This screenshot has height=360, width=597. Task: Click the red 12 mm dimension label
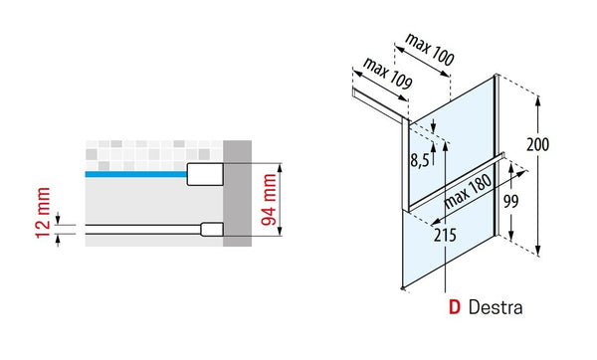coord(43,213)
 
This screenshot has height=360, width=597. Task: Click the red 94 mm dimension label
coord(270,200)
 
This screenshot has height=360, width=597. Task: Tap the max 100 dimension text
coord(430,50)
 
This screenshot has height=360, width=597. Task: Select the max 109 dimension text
coord(388,74)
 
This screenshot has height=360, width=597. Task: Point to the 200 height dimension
coord(538,144)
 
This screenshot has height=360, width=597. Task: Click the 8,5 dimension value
coord(420,160)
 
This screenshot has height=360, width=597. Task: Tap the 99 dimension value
coord(511,201)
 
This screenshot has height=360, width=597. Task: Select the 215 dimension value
coord(445,235)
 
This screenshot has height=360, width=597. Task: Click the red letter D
coord(455,307)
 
